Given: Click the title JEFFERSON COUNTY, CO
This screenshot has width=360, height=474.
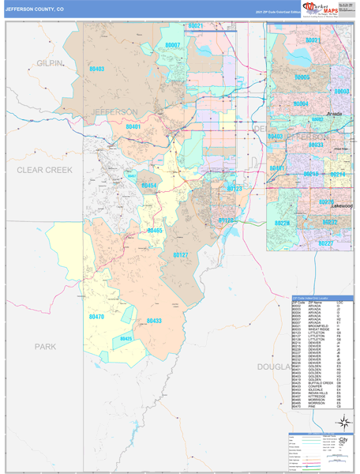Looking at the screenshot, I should [38, 9].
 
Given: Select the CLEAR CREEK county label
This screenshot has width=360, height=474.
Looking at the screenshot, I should [44, 170].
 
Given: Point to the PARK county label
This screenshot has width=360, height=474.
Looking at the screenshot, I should [46, 346].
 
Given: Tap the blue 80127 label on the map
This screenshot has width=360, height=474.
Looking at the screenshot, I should [181, 255].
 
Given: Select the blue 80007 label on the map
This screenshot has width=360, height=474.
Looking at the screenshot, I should [174, 46].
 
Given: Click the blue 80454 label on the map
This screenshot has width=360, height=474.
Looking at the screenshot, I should [149, 186].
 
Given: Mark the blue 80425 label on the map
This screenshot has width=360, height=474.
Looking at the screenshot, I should [126, 339].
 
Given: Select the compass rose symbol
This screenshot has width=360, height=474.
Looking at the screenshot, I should [343, 422].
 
